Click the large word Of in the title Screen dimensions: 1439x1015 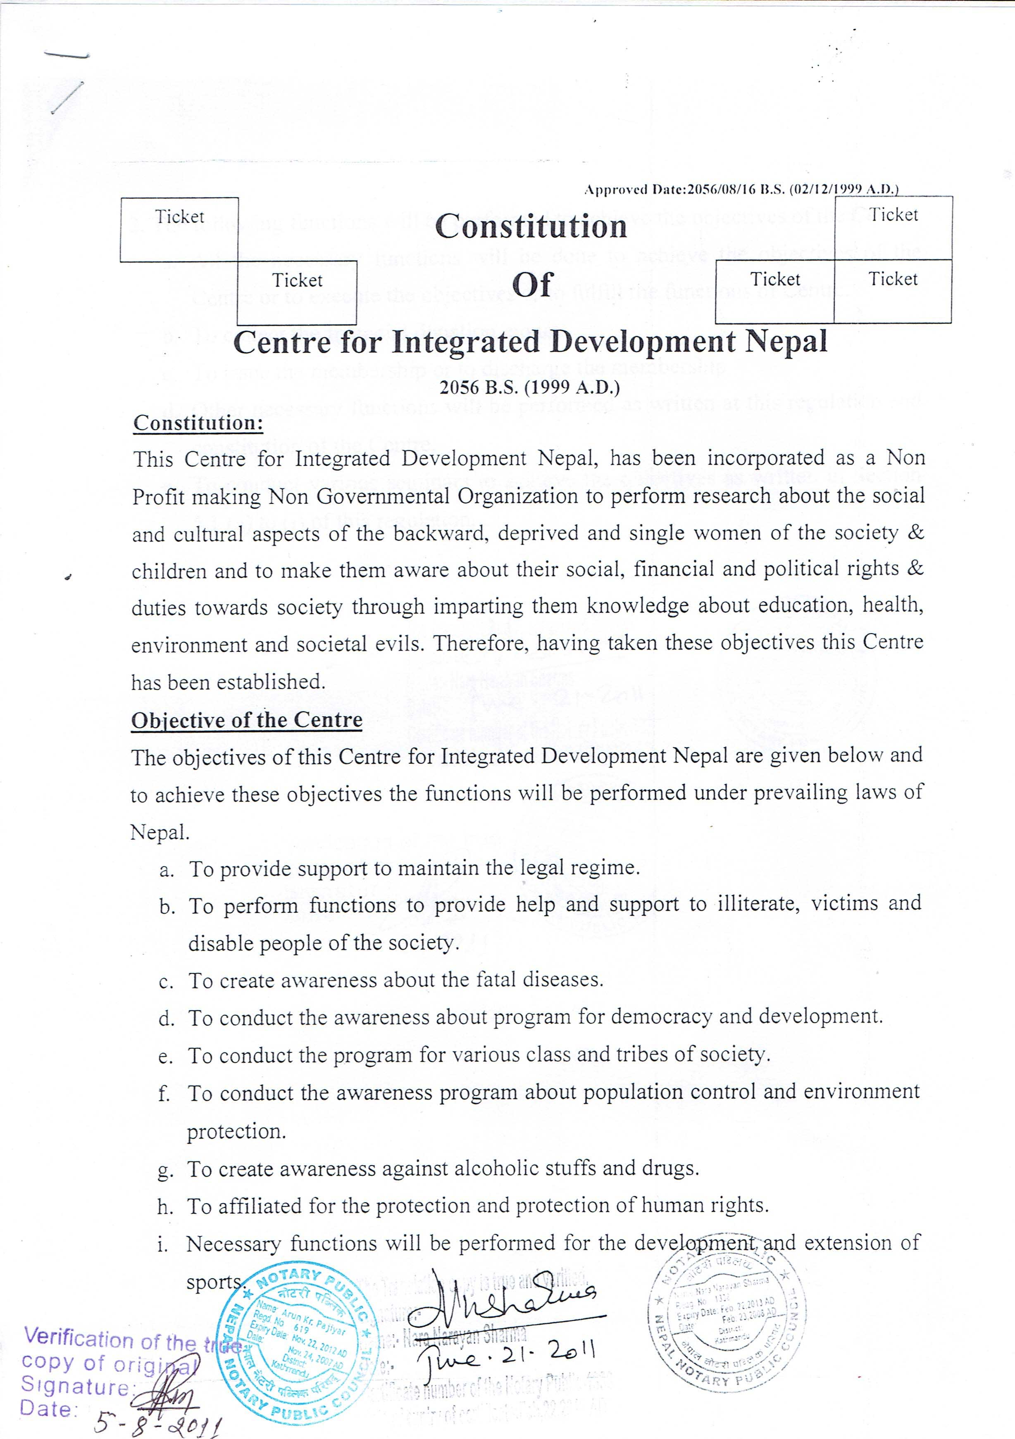pos(532,285)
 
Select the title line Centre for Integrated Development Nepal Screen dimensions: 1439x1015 pos(530,342)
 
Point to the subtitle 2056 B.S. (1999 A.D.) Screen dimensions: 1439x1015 pos(530,387)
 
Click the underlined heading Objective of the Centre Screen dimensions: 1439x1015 pos(246,720)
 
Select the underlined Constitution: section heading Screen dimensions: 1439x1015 pos(198,423)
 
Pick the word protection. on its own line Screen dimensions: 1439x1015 pos(236,1132)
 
